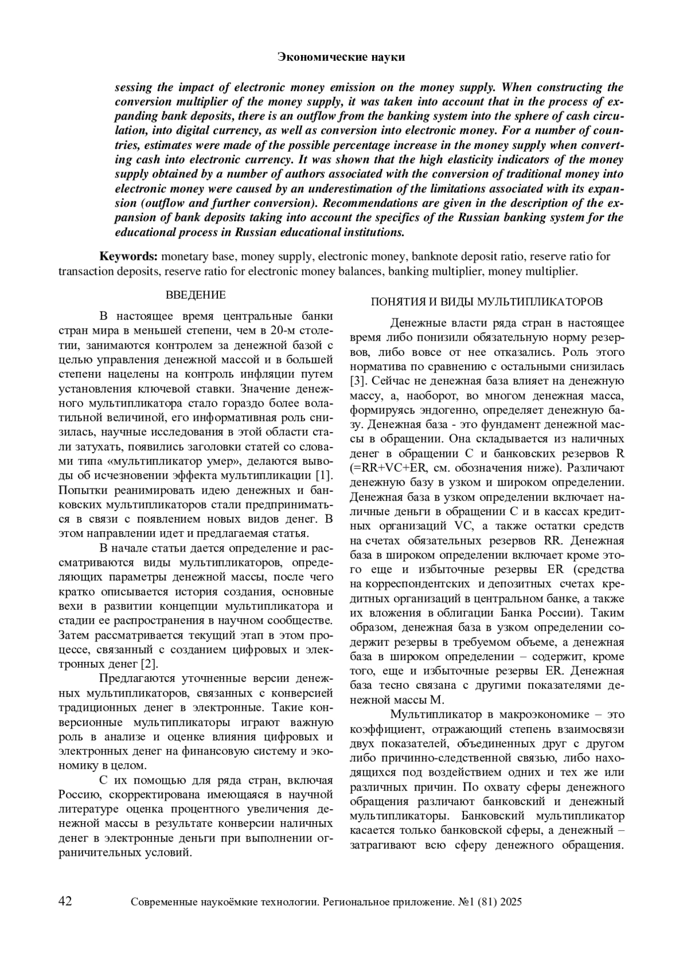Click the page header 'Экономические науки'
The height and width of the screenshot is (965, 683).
click(341, 57)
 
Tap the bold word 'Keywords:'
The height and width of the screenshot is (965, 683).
click(128, 256)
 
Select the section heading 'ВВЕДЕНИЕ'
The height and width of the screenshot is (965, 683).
click(195, 295)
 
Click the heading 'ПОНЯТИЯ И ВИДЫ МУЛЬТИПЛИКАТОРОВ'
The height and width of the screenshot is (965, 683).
click(487, 301)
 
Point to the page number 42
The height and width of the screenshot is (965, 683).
click(65, 901)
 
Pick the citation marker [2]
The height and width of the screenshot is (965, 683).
click(149, 664)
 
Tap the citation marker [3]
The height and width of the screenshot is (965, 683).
click(357, 381)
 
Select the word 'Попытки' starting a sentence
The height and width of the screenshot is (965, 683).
click(80, 490)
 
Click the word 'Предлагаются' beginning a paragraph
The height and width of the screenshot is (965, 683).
click(135, 678)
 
